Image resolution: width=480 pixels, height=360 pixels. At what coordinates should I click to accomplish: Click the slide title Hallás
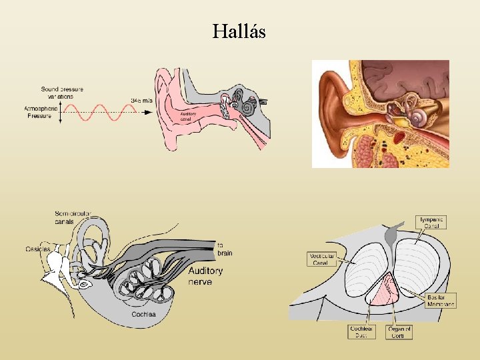click(239, 31)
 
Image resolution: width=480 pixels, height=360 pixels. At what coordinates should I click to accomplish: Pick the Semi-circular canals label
click(73, 217)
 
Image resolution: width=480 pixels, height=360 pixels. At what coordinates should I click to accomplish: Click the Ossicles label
click(38, 249)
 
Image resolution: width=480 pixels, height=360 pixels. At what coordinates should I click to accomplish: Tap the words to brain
click(224, 249)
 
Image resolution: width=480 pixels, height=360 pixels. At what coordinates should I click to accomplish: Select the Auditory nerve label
click(205, 276)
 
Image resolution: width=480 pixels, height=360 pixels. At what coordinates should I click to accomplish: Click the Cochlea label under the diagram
click(144, 314)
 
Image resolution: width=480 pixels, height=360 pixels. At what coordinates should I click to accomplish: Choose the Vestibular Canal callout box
click(322, 259)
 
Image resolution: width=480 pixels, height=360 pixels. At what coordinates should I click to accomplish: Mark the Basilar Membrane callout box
click(441, 301)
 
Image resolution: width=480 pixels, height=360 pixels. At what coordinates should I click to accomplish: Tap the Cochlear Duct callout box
click(362, 332)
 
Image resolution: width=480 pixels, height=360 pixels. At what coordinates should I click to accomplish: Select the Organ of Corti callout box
click(399, 332)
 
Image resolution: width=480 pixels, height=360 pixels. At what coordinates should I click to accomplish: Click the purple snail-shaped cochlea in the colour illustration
click(418, 119)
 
